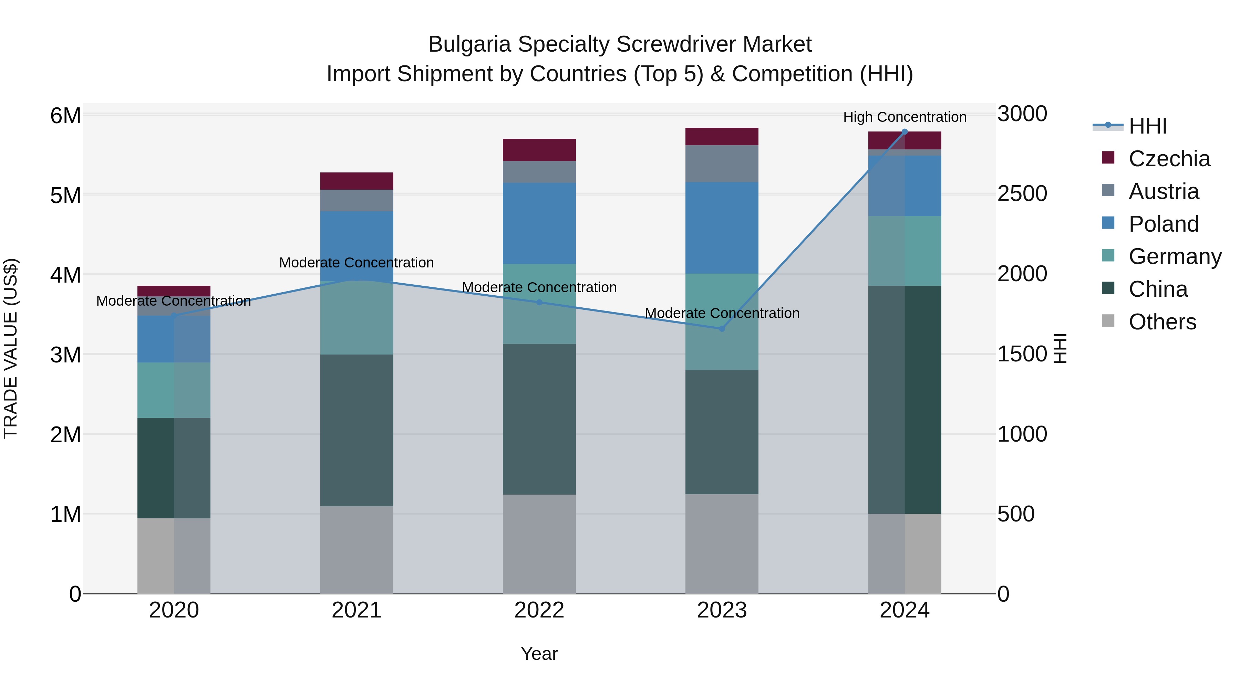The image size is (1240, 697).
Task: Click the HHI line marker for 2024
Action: [905, 132]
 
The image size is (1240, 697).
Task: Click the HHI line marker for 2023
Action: [722, 329]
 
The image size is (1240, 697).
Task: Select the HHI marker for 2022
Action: [539, 303]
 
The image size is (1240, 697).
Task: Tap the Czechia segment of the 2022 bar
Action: [539, 150]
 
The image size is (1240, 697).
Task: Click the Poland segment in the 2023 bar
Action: [722, 228]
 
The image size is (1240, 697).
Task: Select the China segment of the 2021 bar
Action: [357, 431]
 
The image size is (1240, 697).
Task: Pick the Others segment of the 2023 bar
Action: [722, 543]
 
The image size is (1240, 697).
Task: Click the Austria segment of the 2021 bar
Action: [357, 201]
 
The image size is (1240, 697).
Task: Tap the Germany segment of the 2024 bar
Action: [905, 251]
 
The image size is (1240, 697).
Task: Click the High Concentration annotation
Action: [905, 117]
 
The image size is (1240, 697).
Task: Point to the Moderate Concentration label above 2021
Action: [357, 263]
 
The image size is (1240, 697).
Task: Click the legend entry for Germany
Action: [1175, 256]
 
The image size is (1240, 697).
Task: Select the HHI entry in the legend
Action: [1148, 126]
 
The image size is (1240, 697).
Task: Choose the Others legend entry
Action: [1162, 322]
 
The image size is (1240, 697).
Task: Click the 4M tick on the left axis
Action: [65, 275]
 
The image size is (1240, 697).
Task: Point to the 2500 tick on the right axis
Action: [1022, 194]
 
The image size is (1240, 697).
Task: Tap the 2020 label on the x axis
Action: [174, 610]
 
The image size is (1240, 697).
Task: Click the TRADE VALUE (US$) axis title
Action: [11, 348]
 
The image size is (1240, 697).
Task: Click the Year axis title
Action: [539, 654]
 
